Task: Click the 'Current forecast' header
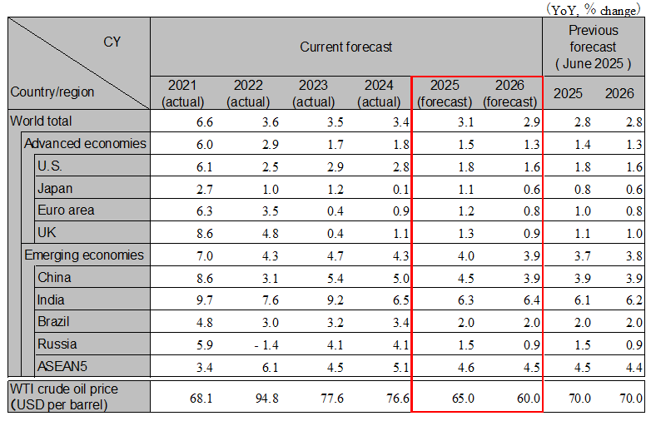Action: [345, 47]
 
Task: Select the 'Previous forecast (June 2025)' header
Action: [593, 47]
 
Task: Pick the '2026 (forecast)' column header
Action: [510, 93]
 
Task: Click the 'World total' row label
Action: [42, 121]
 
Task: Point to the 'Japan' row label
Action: [55, 188]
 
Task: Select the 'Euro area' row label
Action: [66, 210]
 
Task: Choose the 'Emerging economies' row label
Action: [83, 255]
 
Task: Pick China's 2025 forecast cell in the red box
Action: [448, 278]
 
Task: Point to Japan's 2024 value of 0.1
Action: [395, 189]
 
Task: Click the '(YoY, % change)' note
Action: [594, 8]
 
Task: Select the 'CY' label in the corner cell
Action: [112, 42]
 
